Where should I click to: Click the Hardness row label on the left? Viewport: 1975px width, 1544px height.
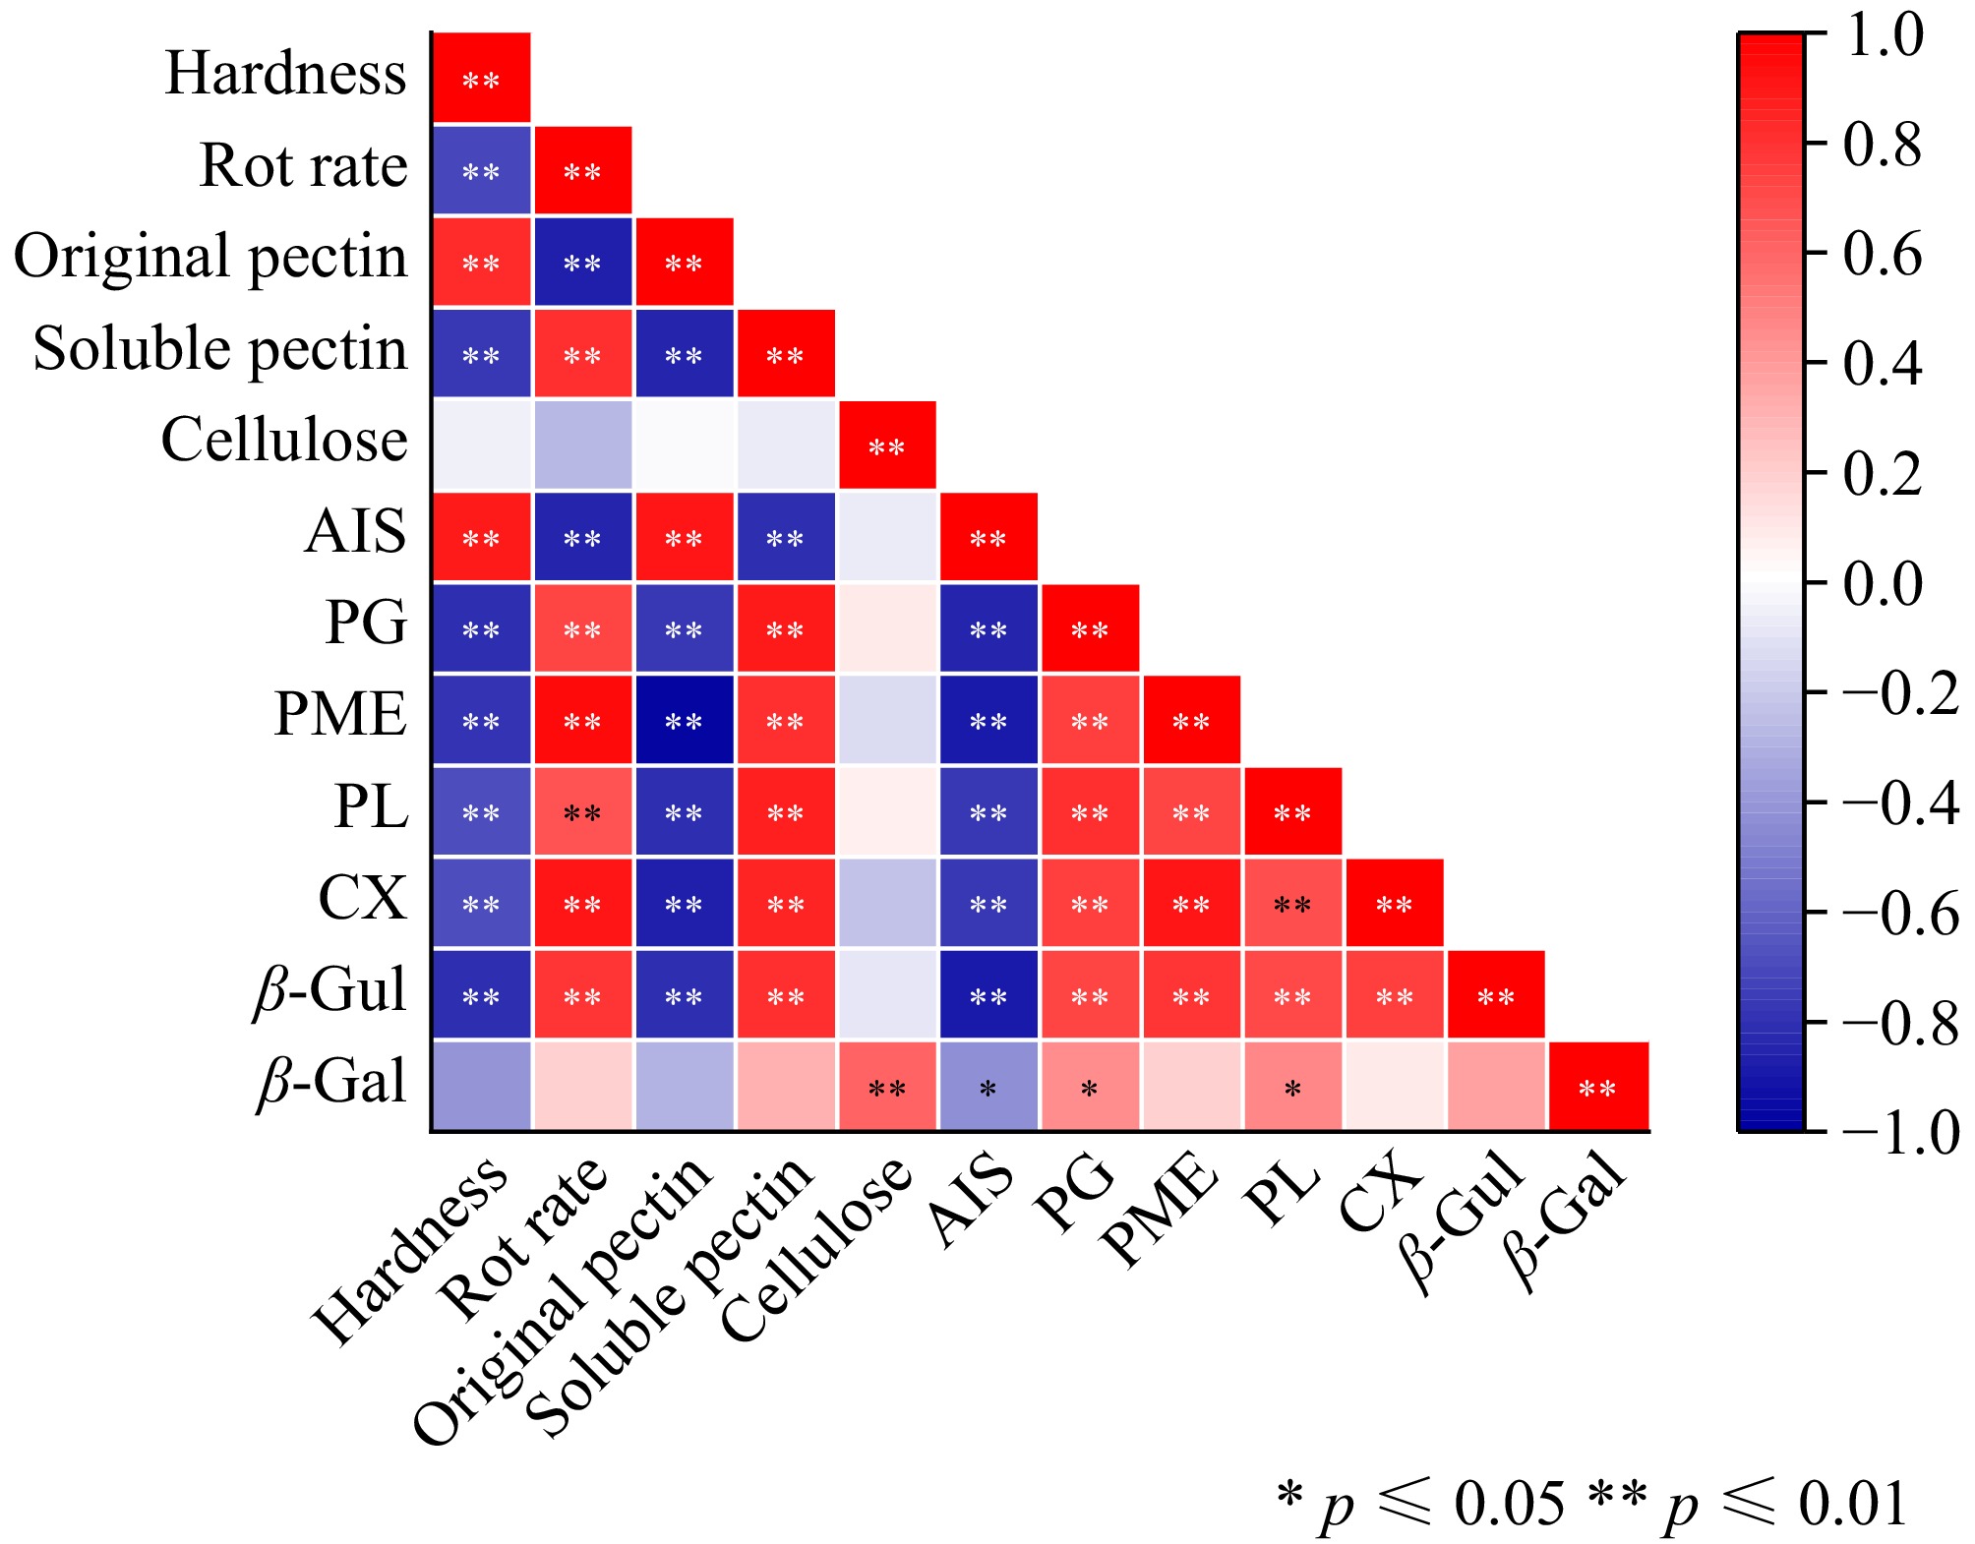285,74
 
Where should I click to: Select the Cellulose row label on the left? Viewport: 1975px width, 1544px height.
284,440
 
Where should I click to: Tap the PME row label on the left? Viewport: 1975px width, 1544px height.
340,714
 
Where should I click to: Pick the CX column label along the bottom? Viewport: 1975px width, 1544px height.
1382,1195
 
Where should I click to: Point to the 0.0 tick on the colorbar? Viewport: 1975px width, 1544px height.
1884,583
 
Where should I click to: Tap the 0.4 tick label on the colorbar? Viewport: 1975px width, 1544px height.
1884,364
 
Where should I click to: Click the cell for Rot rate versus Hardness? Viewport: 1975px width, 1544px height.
482,170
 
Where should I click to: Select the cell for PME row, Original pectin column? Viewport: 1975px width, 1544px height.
685,720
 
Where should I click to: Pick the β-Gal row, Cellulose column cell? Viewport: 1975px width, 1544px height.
887,1086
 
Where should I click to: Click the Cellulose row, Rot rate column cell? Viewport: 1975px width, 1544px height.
583,445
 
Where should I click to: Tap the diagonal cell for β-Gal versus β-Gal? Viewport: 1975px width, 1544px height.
1597,1086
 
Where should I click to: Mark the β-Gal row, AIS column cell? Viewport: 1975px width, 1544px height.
988,1086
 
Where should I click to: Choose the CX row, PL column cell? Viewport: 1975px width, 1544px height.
1292,903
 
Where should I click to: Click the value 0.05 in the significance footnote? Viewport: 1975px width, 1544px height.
1510,1504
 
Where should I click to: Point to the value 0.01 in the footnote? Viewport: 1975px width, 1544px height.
1853,1504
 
